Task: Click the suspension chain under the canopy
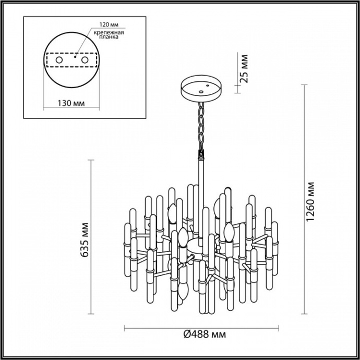200,125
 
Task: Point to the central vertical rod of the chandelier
201,177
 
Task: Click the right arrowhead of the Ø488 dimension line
278,329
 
